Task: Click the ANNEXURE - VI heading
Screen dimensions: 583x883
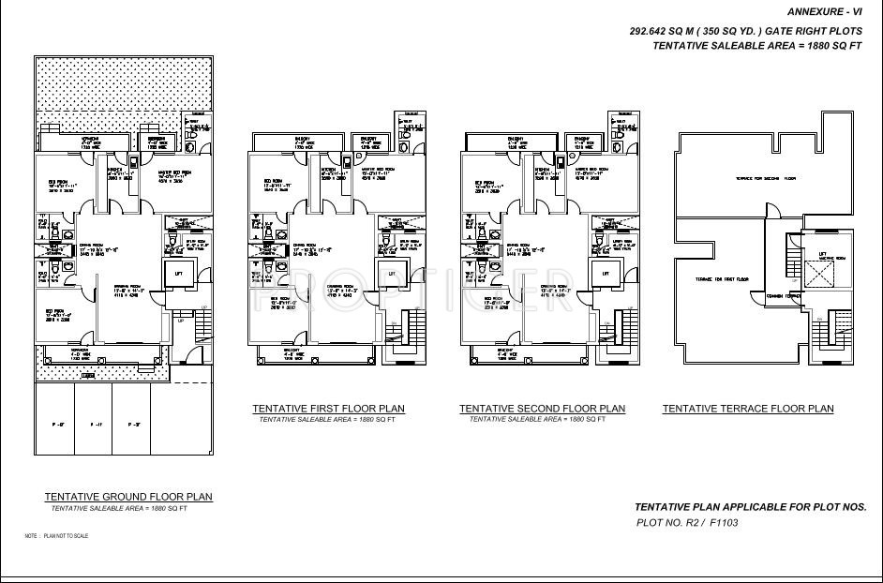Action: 825,12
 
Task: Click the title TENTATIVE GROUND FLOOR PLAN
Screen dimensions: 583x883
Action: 128,497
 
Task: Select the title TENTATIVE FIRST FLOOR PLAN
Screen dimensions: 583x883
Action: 328,409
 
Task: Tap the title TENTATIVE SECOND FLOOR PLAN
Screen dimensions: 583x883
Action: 542,409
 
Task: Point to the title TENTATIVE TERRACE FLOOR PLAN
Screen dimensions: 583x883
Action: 748,409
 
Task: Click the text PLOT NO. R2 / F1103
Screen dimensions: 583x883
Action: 687,523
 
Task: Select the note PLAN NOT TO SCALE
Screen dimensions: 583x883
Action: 56,536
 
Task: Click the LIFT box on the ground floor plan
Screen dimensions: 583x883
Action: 179,273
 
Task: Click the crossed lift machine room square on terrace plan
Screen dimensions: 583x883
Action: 820,273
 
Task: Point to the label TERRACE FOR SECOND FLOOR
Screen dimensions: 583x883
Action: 765,178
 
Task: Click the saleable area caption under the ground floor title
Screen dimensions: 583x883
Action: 119,508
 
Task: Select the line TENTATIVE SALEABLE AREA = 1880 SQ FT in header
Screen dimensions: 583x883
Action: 757,45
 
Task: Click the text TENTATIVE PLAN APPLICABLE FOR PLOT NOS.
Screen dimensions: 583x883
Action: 750,506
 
